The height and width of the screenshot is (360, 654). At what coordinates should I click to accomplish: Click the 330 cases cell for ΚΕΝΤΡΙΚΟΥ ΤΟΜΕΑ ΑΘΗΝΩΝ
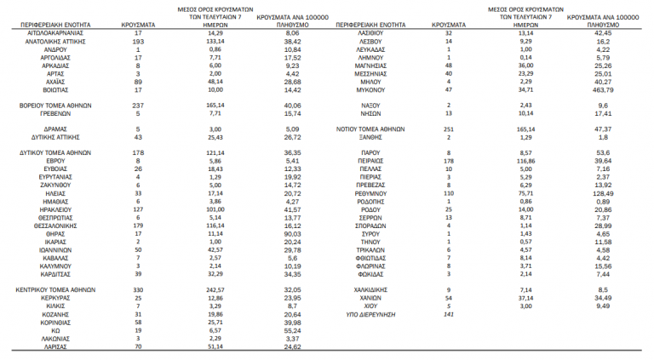pos(137,290)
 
